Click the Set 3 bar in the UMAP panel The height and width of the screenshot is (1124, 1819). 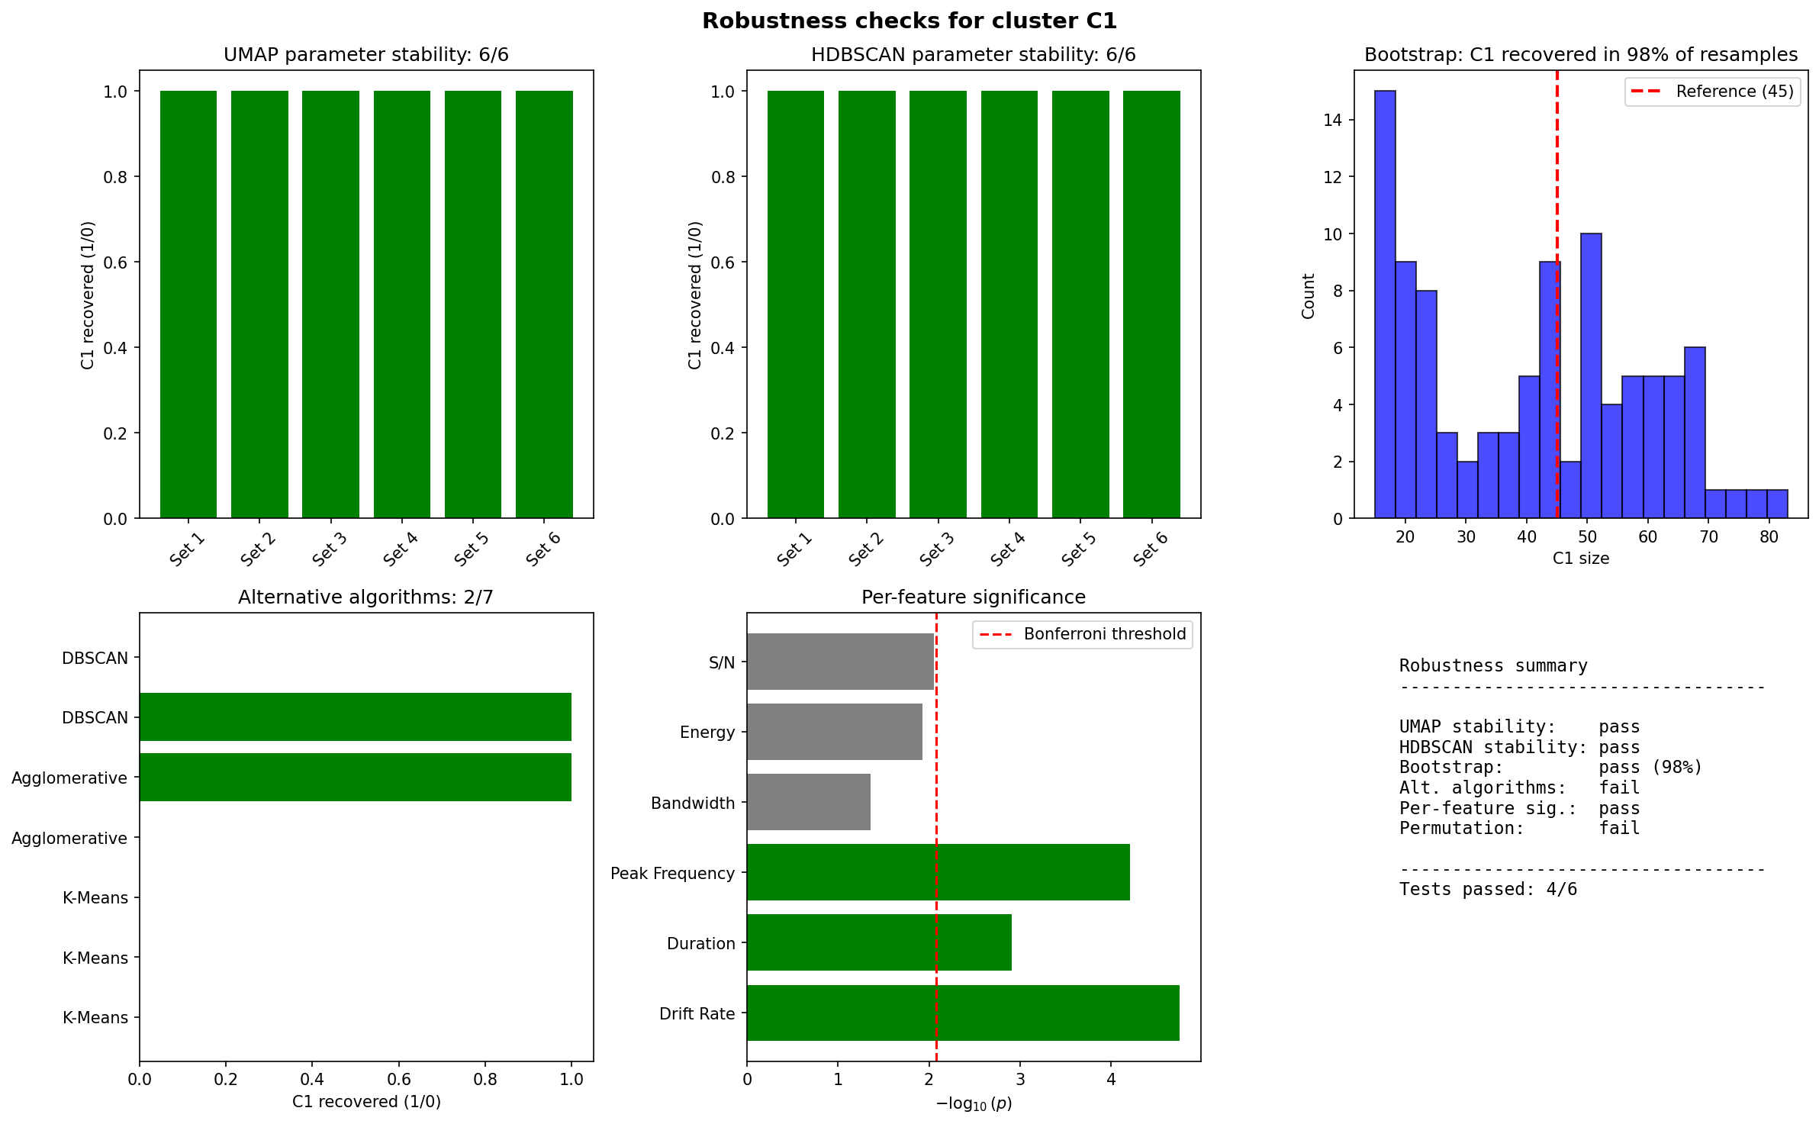(x=330, y=304)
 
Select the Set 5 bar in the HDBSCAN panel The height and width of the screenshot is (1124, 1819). (x=1080, y=304)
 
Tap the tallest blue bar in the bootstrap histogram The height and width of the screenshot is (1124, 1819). (x=1385, y=304)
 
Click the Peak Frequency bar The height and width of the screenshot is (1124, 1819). (x=938, y=872)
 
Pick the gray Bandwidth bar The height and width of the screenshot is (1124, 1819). (x=809, y=802)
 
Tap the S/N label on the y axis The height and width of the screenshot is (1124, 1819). (x=722, y=662)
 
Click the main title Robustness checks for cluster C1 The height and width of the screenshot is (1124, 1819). (x=909, y=21)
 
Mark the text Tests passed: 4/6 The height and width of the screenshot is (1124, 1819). (x=1488, y=889)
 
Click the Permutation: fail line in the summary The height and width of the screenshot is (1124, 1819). (x=1519, y=828)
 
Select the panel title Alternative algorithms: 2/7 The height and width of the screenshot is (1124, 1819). (x=365, y=597)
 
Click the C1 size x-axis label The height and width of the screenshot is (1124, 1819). (x=1581, y=559)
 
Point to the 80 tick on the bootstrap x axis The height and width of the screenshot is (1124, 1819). (x=1769, y=536)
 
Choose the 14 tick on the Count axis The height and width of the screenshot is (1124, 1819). (x=1333, y=120)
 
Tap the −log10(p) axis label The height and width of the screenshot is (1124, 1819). (x=974, y=1103)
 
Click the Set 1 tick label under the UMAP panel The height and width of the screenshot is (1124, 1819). (x=187, y=549)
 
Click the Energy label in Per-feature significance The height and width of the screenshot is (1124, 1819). (x=707, y=733)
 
